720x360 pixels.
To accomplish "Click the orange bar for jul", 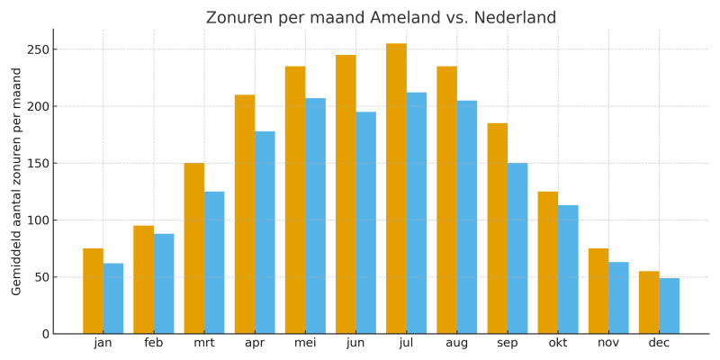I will click(x=396, y=189).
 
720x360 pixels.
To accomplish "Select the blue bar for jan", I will click(x=113, y=299).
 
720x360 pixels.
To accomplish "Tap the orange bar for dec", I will click(x=649, y=302).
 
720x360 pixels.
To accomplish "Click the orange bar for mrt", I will click(x=193, y=248).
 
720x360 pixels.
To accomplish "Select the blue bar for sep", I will click(x=517, y=248).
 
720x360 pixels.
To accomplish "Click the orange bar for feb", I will click(x=143, y=280).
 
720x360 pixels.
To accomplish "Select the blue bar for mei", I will click(x=315, y=216).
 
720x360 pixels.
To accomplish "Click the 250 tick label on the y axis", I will click(x=37, y=49).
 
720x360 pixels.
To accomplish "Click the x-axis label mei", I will click(x=305, y=344).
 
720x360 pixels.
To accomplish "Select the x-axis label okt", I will click(x=558, y=344).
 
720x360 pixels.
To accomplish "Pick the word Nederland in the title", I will click(x=514, y=18).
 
